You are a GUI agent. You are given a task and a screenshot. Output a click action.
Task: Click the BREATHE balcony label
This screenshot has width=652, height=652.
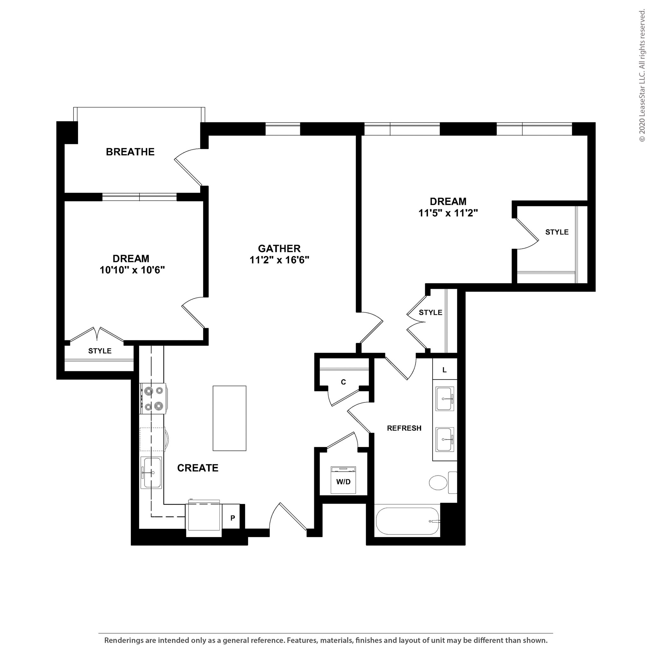click(x=130, y=152)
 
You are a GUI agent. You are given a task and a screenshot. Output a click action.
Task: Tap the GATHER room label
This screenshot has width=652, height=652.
click(x=280, y=249)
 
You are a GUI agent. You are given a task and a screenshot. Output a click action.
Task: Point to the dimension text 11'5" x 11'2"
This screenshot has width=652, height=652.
click(x=448, y=213)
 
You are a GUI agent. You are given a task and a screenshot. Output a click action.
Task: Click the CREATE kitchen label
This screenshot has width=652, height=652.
click(x=198, y=468)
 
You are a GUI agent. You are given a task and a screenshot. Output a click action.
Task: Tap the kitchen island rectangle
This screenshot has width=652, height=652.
click(x=230, y=418)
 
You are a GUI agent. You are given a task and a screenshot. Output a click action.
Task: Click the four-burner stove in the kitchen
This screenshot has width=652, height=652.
click(x=153, y=399)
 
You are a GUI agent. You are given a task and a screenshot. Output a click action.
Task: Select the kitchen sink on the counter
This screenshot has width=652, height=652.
click(x=151, y=472)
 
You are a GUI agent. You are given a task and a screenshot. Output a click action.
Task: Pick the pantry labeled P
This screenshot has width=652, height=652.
click(x=232, y=518)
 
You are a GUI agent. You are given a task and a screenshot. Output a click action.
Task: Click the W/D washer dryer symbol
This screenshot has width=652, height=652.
click(x=343, y=480)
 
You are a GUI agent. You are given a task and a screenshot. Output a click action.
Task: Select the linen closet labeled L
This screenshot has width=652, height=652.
click(x=444, y=370)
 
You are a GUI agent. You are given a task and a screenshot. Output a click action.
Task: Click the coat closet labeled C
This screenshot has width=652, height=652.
click(x=344, y=382)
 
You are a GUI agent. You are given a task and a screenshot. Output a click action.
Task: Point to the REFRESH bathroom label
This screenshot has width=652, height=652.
click(x=404, y=428)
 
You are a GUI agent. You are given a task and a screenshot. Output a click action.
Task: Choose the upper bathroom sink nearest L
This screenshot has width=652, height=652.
click(x=445, y=399)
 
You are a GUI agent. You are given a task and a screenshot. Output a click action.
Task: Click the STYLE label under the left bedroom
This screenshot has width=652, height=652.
click(x=100, y=351)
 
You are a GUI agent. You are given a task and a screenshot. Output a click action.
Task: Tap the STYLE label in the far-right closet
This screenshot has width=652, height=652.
click(x=557, y=232)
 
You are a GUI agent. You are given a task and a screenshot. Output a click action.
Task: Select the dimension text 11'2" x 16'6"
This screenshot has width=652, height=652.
click(x=280, y=260)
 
